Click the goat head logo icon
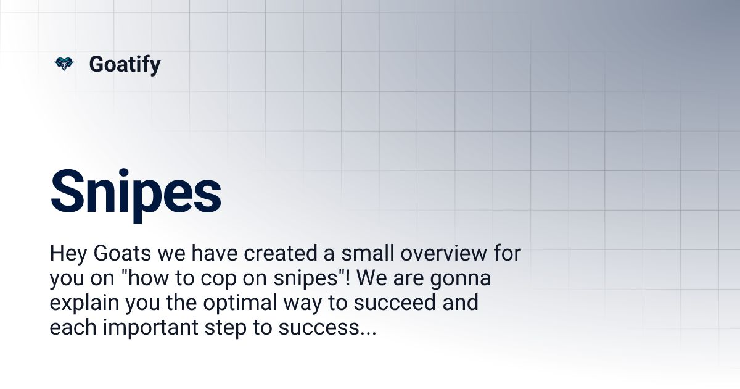pos(64,64)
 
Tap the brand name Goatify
pos(125,64)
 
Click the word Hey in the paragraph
pos(66,254)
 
